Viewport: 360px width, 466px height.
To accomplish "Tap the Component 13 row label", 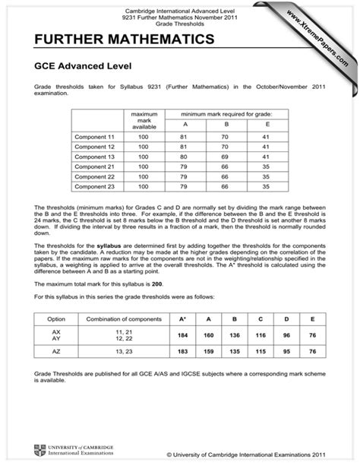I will tap(94, 155).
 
